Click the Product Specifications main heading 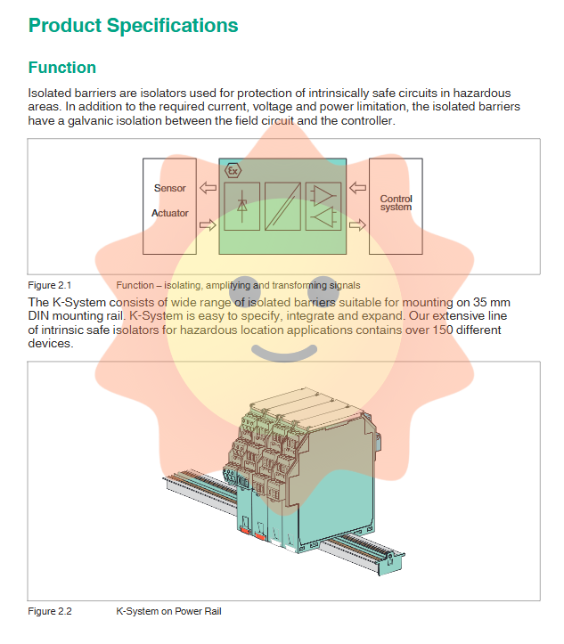(x=134, y=25)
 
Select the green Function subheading (x=62, y=68)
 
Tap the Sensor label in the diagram (x=170, y=188)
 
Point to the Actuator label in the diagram (x=170, y=213)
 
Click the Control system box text (x=396, y=203)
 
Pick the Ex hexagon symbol (x=233, y=169)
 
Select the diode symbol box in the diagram (x=242, y=206)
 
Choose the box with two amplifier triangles (x=323, y=206)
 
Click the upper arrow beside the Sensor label (x=208, y=188)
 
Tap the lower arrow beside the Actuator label (x=208, y=224)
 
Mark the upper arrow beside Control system (x=357, y=188)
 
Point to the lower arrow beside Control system (x=357, y=224)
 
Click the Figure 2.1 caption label (x=50, y=285)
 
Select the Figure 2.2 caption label (x=50, y=611)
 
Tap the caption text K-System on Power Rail (x=168, y=611)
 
